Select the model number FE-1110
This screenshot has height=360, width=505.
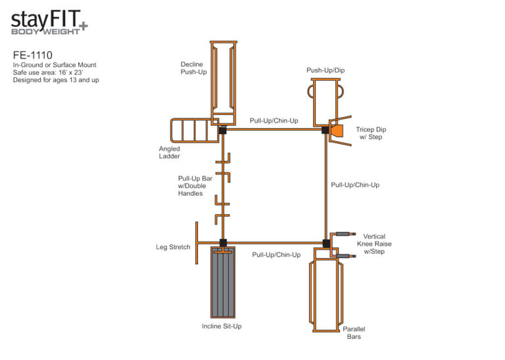coord(30,55)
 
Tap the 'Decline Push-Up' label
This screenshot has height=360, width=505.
coord(193,68)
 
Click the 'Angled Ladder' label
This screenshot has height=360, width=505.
coord(170,152)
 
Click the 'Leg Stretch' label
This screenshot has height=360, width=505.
coord(173,247)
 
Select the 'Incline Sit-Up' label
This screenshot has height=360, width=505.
coord(221,326)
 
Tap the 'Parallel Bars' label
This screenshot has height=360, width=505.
coord(354,332)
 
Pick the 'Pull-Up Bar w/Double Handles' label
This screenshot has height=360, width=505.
coord(195,186)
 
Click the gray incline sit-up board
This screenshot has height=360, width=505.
coord(222,282)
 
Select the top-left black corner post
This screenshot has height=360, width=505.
coord(222,130)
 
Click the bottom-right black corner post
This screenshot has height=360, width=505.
coord(327,244)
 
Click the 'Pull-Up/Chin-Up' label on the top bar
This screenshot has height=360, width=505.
coord(274,120)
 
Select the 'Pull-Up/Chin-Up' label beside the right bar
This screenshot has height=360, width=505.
coord(355,185)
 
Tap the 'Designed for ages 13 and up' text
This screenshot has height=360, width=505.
coord(56,80)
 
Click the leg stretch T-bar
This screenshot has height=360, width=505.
coord(197,243)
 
